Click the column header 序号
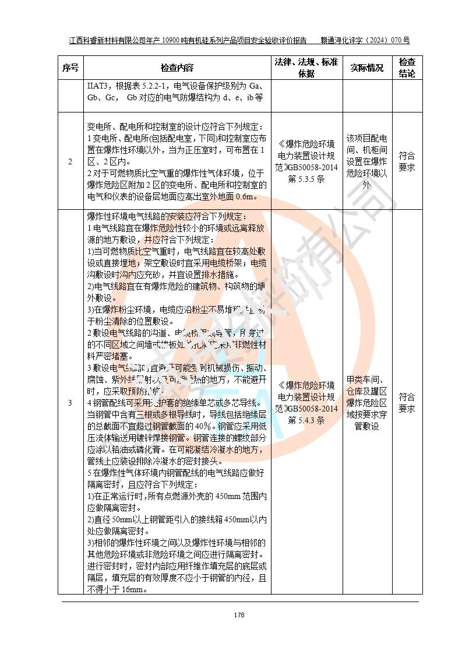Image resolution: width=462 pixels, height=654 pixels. (x=70, y=68)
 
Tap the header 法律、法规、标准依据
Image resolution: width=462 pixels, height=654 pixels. (x=305, y=68)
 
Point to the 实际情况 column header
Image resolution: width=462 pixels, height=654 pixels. (x=366, y=68)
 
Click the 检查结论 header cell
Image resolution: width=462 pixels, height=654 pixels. (x=407, y=68)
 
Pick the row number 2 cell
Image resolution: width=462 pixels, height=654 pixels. (x=70, y=161)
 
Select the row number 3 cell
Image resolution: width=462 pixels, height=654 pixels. (x=70, y=403)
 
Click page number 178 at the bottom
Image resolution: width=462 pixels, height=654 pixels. (x=239, y=615)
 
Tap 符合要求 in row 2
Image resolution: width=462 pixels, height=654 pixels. (x=407, y=161)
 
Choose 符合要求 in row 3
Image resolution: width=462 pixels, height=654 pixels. (x=407, y=403)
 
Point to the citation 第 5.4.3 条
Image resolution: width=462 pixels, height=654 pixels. (x=306, y=420)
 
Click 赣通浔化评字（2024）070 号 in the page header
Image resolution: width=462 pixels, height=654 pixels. (x=365, y=41)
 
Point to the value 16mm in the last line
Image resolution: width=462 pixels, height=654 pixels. (x=132, y=589)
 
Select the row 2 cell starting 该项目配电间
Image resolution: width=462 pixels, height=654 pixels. (x=366, y=161)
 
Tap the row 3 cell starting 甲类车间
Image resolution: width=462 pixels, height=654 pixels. (x=366, y=403)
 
